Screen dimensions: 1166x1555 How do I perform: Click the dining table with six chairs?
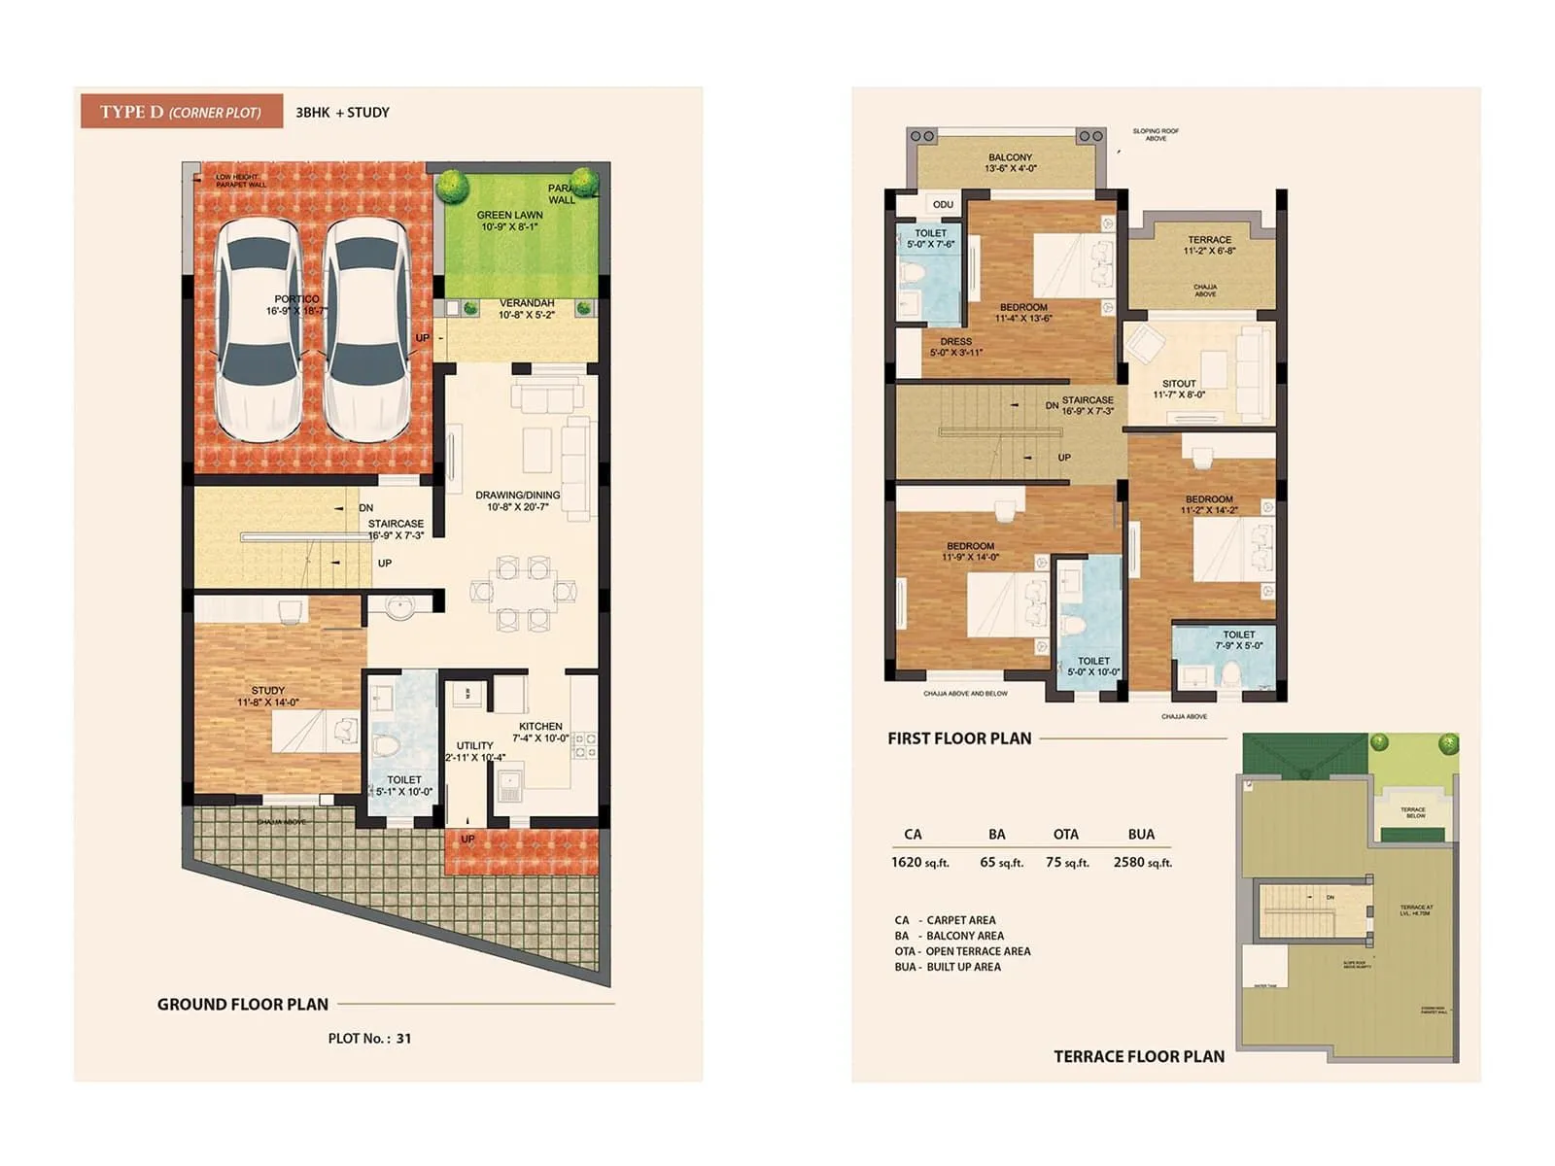(523, 592)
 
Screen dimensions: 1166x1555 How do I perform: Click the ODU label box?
(943, 204)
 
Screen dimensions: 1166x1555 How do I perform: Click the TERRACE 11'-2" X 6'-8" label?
(1209, 245)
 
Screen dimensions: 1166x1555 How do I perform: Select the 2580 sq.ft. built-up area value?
(1143, 862)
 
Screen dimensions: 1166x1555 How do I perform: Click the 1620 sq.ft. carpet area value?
(919, 862)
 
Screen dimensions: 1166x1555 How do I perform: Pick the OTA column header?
(1066, 834)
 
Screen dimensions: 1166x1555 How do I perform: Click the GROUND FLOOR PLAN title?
(243, 1004)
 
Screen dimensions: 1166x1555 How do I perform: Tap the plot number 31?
(403, 1038)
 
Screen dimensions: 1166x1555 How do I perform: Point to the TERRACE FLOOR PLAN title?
(1139, 1056)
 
